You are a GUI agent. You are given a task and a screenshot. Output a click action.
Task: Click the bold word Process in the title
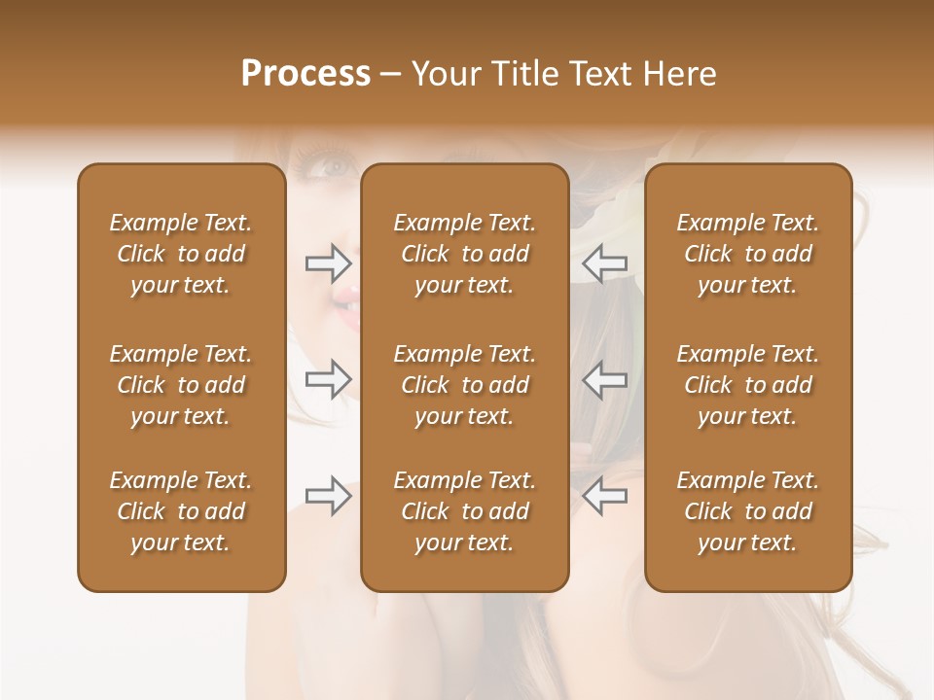tap(305, 74)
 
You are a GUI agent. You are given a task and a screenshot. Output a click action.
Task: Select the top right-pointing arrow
tap(328, 262)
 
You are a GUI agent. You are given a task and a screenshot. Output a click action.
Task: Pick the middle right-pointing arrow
tap(328, 379)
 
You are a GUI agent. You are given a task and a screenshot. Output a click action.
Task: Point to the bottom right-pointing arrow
tap(328, 496)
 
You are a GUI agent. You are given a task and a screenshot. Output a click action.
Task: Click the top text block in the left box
tap(181, 254)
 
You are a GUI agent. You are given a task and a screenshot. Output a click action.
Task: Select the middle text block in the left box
tap(181, 385)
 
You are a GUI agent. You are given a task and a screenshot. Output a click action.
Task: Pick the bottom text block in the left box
tap(181, 511)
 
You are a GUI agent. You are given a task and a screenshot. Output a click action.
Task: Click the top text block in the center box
tap(464, 254)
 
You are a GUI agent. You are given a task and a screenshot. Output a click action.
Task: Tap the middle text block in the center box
tap(464, 385)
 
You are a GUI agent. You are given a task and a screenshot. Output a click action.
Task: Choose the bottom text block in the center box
tap(464, 511)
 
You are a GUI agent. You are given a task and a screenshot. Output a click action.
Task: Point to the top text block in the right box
tap(747, 254)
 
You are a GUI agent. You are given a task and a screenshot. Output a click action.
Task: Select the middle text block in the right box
tap(747, 385)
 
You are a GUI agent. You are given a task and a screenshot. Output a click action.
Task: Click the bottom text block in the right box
tap(747, 511)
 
